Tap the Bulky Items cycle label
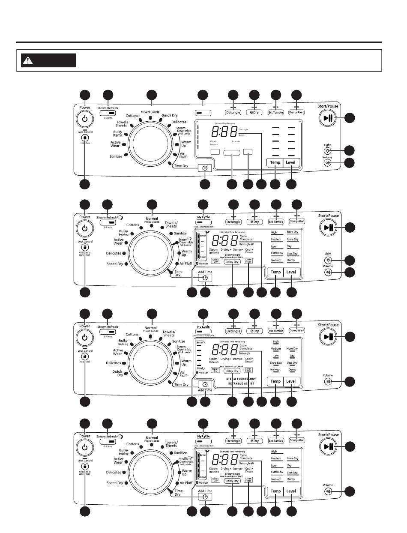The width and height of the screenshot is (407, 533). click(x=117, y=133)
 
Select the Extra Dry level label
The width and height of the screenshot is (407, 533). click(x=293, y=232)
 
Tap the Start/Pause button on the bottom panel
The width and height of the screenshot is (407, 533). click(x=329, y=447)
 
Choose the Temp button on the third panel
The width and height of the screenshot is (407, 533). click(x=275, y=381)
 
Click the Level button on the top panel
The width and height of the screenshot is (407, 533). click(x=291, y=162)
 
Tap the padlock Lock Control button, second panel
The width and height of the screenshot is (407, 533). click(x=85, y=247)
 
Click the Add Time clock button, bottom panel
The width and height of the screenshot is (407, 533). click(x=205, y=497)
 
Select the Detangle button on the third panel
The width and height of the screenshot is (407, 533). click(x=233, y=331)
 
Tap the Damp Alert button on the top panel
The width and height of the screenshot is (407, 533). click(x=296, y=112)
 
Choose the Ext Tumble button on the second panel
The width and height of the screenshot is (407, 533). click(x=275, y=222)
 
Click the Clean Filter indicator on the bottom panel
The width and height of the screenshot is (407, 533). click(x=248, y=480)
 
